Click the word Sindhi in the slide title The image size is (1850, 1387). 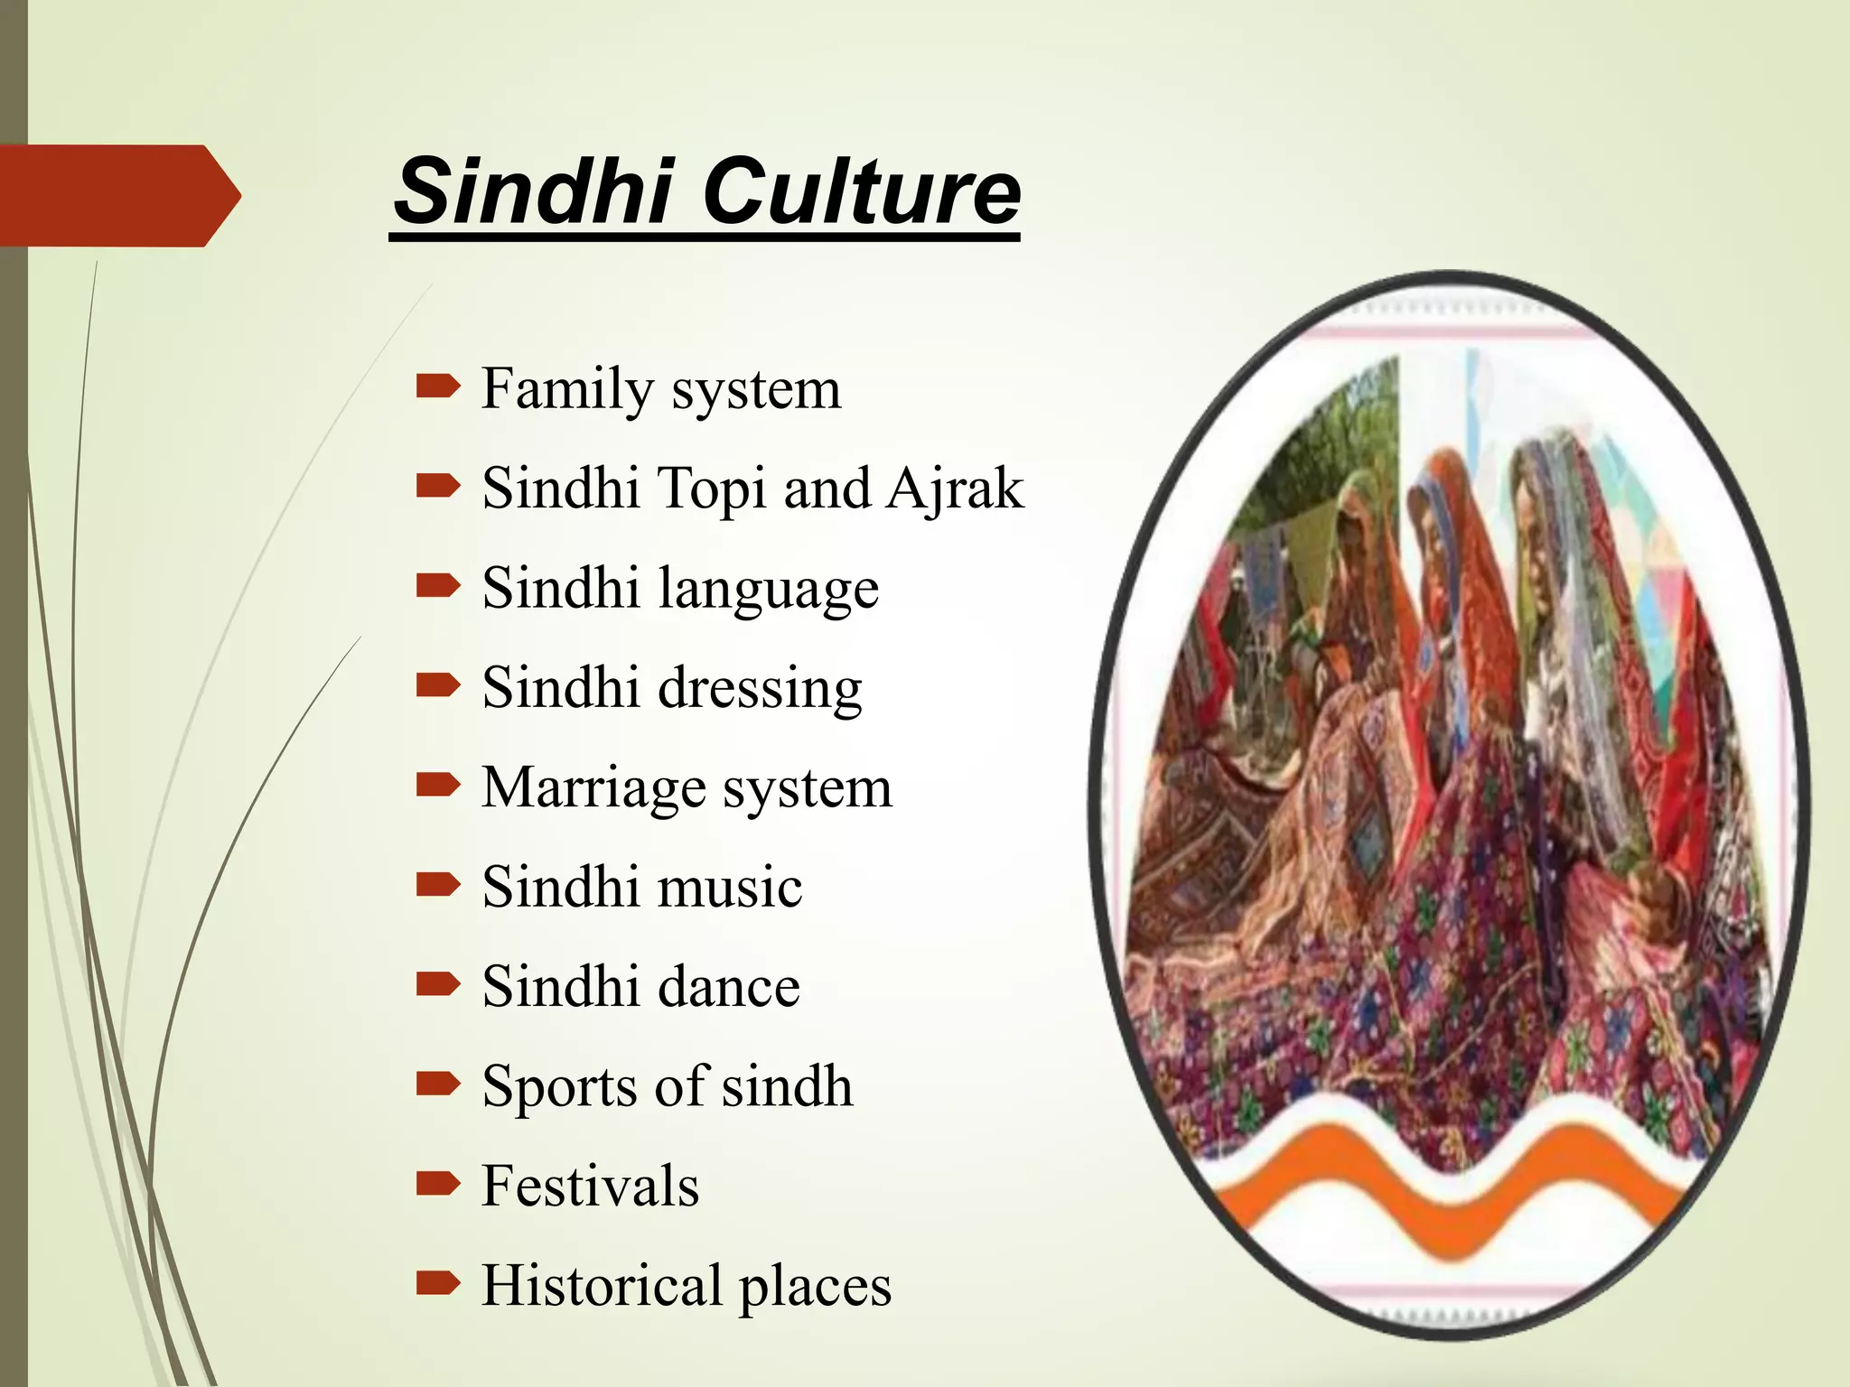coord(534,192)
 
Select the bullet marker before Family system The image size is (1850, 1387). coord(438,388)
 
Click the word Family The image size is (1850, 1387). coord(567,390)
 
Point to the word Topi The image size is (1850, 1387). coord(714,489)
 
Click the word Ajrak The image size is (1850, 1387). coord(955,489)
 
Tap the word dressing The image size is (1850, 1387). coord(760,690)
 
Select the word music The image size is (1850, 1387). coord(730,887)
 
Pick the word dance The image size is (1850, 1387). coord(729,986)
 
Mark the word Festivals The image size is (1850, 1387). coord(590,1186)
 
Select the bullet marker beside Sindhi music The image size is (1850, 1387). coord(438,885)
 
